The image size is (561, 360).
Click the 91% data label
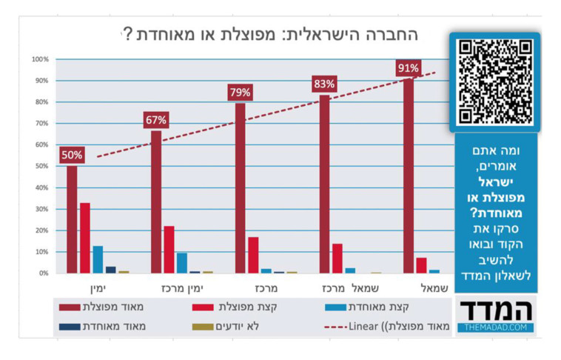(409, 69)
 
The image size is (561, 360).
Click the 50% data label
(72, 156)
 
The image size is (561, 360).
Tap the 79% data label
(240, 93)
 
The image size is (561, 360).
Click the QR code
(495, 81)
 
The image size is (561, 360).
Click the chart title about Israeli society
(269, 34)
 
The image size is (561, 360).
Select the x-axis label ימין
(92, 287)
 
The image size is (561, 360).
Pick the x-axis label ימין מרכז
(181, 287)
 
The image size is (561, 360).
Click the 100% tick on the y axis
(40, 59)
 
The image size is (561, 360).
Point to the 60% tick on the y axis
(40, 145)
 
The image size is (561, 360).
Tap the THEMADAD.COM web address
(495, 327)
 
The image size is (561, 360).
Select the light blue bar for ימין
(98, 259)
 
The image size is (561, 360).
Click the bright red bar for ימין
(85, 238)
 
